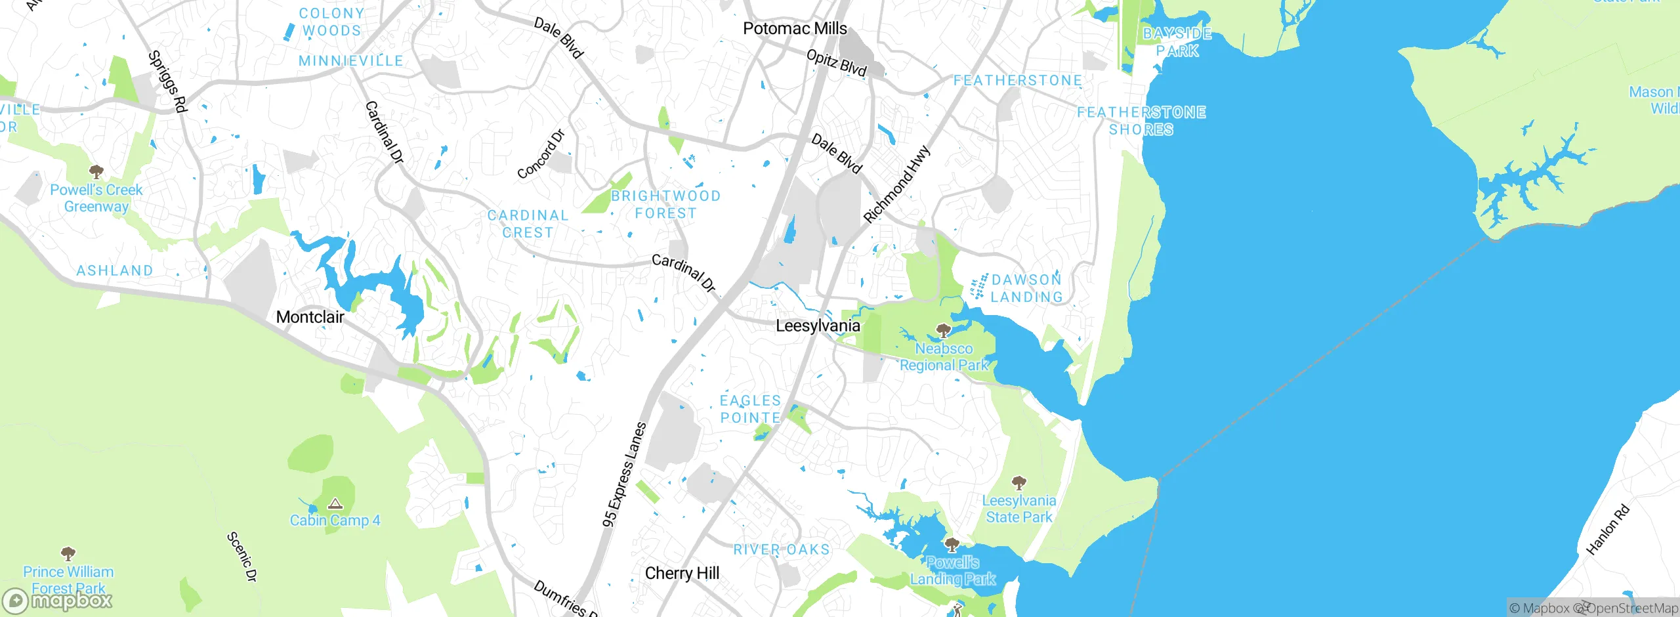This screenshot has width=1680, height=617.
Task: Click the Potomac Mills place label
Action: [795, 28]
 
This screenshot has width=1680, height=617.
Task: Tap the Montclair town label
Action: [310, 317]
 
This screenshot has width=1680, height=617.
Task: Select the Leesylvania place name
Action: [818, 326]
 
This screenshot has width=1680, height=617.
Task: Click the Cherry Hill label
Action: [682, 573]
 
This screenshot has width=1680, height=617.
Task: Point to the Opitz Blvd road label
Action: [836, 63]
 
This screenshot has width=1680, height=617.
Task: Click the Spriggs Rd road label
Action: [168, 81]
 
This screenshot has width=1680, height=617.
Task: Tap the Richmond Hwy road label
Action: [896, 184]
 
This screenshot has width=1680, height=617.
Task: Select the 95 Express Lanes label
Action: [625, 474]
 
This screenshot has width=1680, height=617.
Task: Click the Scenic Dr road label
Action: [242, 557]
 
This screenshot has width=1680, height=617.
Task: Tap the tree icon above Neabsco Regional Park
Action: [944, 330]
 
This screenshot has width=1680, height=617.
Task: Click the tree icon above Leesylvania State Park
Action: [1018, 484]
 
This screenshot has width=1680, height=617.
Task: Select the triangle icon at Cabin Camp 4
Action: [335, 504]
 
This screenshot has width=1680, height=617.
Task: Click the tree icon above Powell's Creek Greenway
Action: [96, 172]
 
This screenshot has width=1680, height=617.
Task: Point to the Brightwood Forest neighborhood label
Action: [665, 204]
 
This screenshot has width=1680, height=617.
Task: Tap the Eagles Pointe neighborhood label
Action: [750, 409]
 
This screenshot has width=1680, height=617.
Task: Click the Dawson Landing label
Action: [1026, 288]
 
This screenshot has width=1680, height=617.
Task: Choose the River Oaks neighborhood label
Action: [781, 549]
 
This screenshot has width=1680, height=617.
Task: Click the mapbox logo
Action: [58, 600]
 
